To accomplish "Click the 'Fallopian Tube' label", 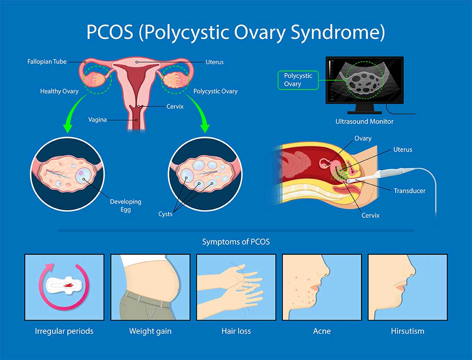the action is coord(47,62).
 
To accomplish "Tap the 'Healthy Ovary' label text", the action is coord(59,91).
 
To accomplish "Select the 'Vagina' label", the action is coord(97,120).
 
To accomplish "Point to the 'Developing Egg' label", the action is coord(126,205).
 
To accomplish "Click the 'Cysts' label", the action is coord(165,214).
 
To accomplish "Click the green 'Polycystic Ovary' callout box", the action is coord(298,80).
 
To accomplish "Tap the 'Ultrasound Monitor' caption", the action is coord(365,121).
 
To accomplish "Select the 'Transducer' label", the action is coord(409,191).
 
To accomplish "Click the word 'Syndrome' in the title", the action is coord(338,32).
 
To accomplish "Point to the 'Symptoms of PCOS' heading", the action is coord(236,242).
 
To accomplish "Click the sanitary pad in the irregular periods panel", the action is coord(64,285).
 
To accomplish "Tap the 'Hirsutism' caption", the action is coord(408,331).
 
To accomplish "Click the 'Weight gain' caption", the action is coord(150,331).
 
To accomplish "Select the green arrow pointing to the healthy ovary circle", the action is coord(74,114).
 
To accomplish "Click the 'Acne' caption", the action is coord(322,331).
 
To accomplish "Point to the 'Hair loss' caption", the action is coord(236,331).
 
